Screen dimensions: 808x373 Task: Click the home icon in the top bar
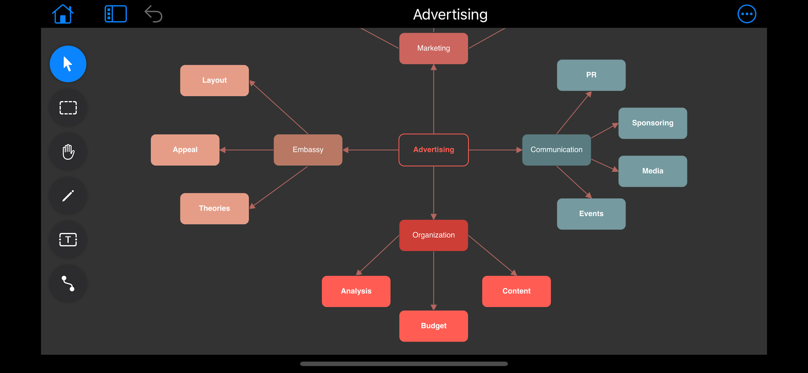pyautogui.click(x=63, y=14)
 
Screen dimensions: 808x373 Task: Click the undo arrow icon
pyautogui.click(x=153, y=14)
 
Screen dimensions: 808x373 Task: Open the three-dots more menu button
pyautogui.click(x=746, y=14)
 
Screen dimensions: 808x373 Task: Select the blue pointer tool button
pyautogui.click(x=68, y=64)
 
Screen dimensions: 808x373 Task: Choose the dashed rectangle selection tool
pyautogui.click(x=68, y=108)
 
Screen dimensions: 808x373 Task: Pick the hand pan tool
pyautogui.click(x=68, y=152)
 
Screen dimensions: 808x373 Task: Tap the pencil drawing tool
pyautogui.click(x=68, y=196)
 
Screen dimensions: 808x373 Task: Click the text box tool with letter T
pyautogui.click(x=68, y=240)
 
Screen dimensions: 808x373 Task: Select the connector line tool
pyautogui.click(x=68, y=284)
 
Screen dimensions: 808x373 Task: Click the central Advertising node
pyautogui.click(x=433, y=150)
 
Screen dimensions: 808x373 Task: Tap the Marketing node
pyautogui.click(x=433, y=48)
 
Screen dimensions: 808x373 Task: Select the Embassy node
pyautogui.click(x=308, y=150)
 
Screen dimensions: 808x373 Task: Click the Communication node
pyautogui.click(x=557, y=150)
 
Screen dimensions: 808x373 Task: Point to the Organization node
pyautogui.click(x=433, y=235)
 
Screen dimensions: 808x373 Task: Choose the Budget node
pyautogui.click(x=433, y=326)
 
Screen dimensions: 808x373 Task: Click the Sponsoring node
pyautogui.click(x=653, y=123)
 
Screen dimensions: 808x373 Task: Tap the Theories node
pyautogui.click(x=214, y=208)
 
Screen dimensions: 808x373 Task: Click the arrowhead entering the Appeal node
pyautogui.click(x=223, y=150)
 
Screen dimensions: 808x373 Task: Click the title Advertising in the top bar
pyautogui.click(x=450, y=14)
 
